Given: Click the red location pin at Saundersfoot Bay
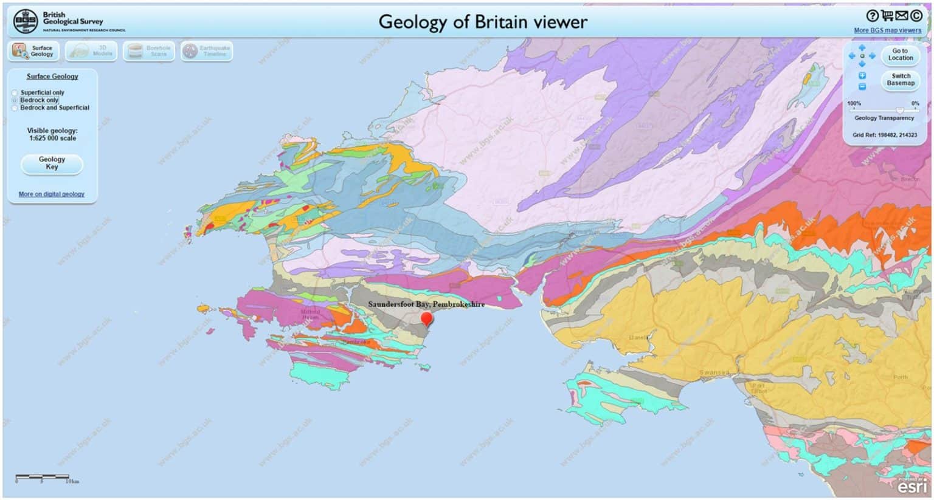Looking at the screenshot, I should point(427,318).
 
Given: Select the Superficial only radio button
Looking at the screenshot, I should point(15,93).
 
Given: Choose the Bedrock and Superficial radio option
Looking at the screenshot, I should point(15,108).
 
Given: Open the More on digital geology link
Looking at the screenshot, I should point(51,194).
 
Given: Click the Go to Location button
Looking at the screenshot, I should point(900,55).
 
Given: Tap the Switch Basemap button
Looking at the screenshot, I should point(900,80).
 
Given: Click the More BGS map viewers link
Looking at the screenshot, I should point(887,30).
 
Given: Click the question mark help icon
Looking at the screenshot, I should point(872,16).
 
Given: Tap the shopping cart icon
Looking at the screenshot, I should point(887,16).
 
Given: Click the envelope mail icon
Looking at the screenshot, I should point(901,16).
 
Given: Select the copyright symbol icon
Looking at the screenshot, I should point(916,16).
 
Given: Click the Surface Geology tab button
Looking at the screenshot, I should point(33,51).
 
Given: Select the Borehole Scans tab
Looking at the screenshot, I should point(149,51).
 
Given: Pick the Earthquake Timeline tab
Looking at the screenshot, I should point(206,51).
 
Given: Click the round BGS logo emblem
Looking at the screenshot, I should point(26,21).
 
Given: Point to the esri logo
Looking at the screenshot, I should point(913,486).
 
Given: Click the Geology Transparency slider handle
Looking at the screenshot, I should point(899,110).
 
